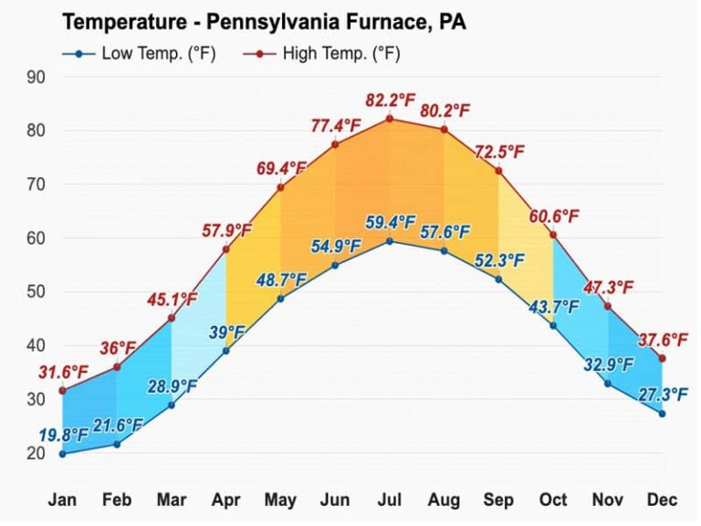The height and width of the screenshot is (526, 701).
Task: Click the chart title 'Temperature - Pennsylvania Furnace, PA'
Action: pos(263,22)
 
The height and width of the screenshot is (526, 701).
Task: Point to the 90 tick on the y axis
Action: pos(36,77)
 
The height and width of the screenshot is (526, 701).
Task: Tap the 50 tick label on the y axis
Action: pos(36,292)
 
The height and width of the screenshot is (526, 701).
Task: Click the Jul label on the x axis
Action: pos(390,500)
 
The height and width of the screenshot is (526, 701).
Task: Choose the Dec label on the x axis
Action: pos(662,500)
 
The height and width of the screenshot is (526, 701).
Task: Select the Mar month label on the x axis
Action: pos(171,500)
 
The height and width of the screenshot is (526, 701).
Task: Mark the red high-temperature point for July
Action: pos(390,119)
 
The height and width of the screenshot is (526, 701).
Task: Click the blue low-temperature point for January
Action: pos(62,454)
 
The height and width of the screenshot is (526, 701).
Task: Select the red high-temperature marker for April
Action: pos(225,249)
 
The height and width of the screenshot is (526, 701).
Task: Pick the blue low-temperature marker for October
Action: pos(553,326)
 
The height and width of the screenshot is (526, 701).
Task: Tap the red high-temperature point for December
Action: pos(662,358)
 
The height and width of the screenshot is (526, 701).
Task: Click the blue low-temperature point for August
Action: pos(444,250)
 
